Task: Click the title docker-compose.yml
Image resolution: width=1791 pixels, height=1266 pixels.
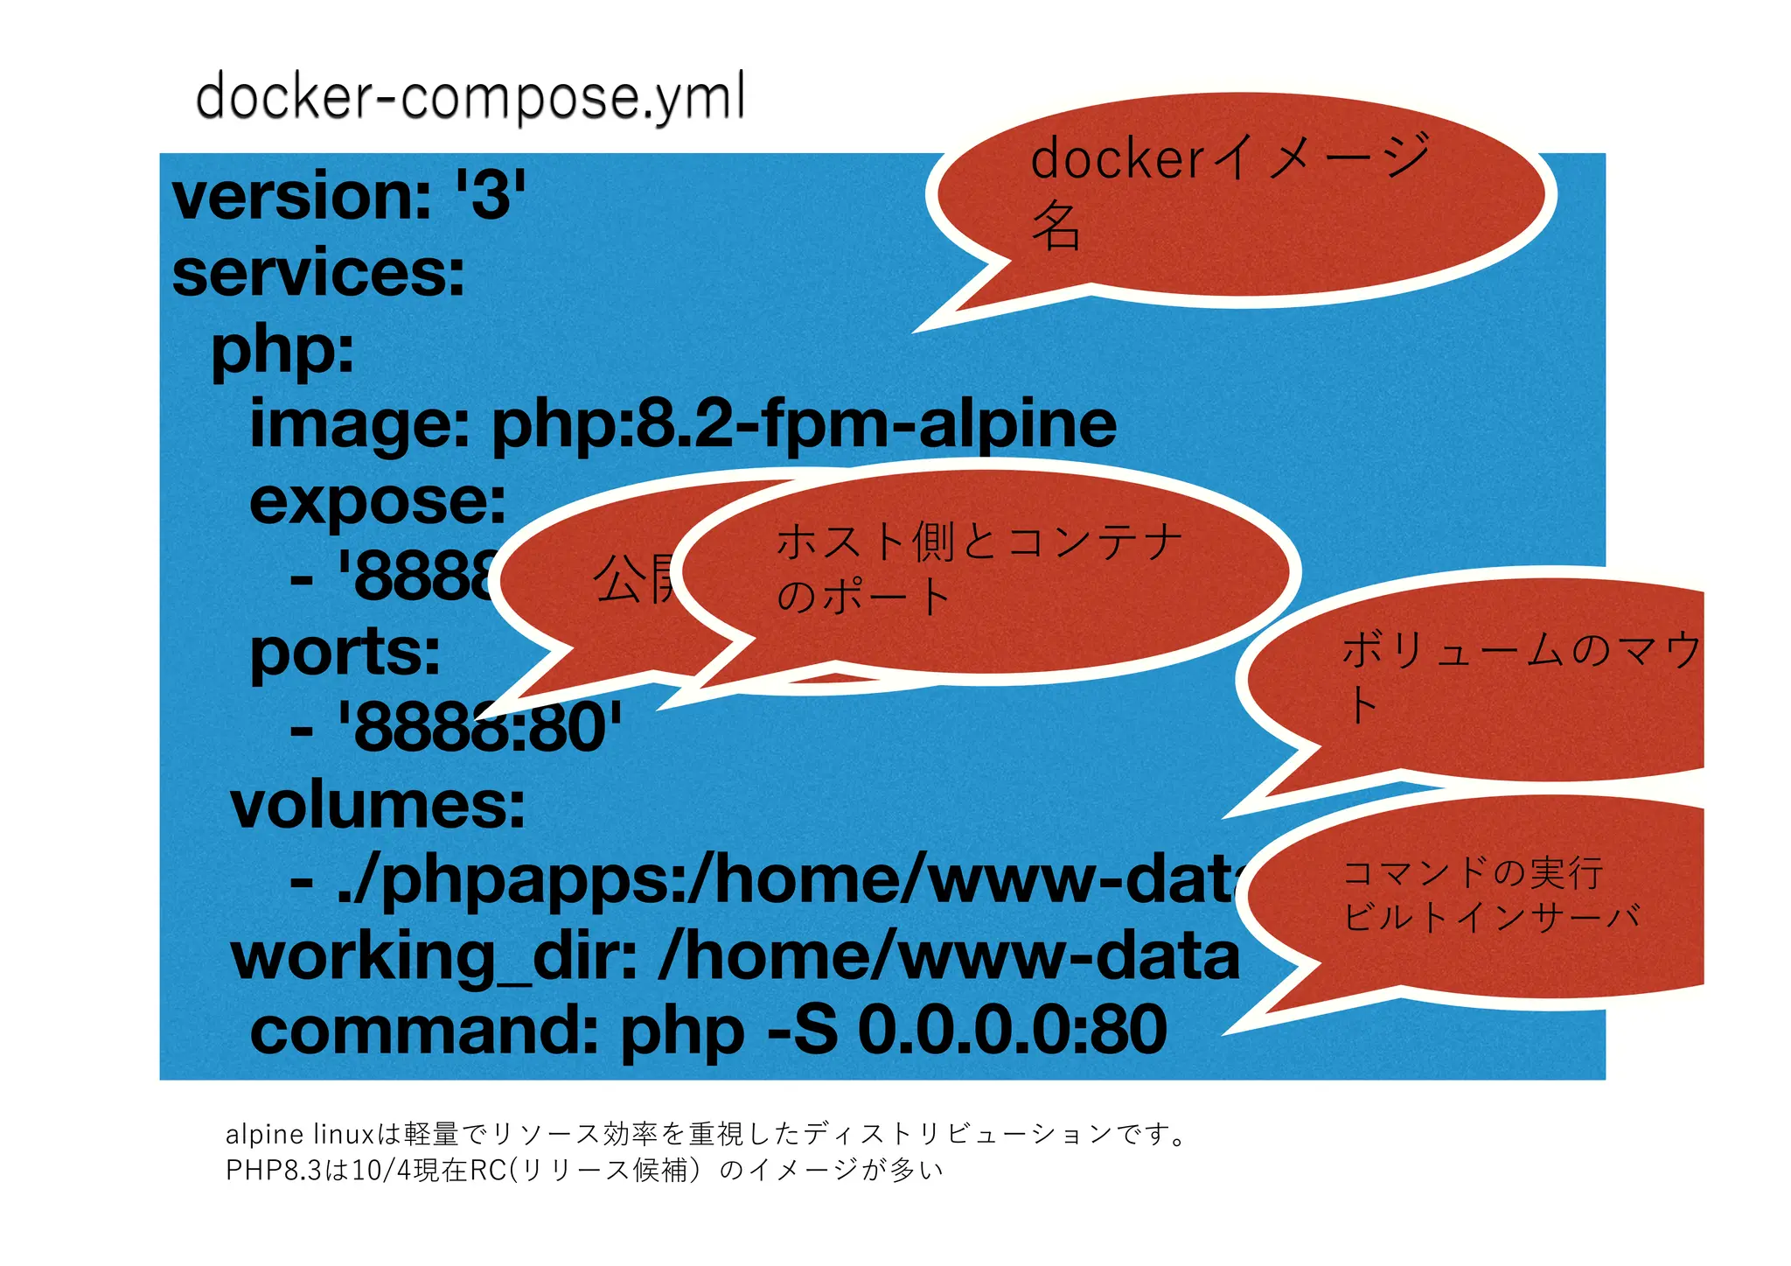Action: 470,96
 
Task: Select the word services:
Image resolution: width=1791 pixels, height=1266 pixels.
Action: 318,273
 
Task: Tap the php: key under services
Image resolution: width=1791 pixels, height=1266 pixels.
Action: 282,349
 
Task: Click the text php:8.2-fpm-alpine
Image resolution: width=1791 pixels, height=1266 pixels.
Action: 804,424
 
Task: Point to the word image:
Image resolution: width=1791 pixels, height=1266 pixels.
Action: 359,424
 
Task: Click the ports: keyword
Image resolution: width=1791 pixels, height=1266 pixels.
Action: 345,653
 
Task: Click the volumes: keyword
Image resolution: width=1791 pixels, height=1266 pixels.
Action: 378,805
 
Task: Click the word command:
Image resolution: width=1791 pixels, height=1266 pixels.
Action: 424,1031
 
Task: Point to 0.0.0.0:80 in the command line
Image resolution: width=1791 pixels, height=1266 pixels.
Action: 1012,1031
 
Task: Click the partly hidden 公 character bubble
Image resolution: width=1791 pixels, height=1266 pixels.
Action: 617,579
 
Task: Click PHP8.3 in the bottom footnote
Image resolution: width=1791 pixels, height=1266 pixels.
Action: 273,1171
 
